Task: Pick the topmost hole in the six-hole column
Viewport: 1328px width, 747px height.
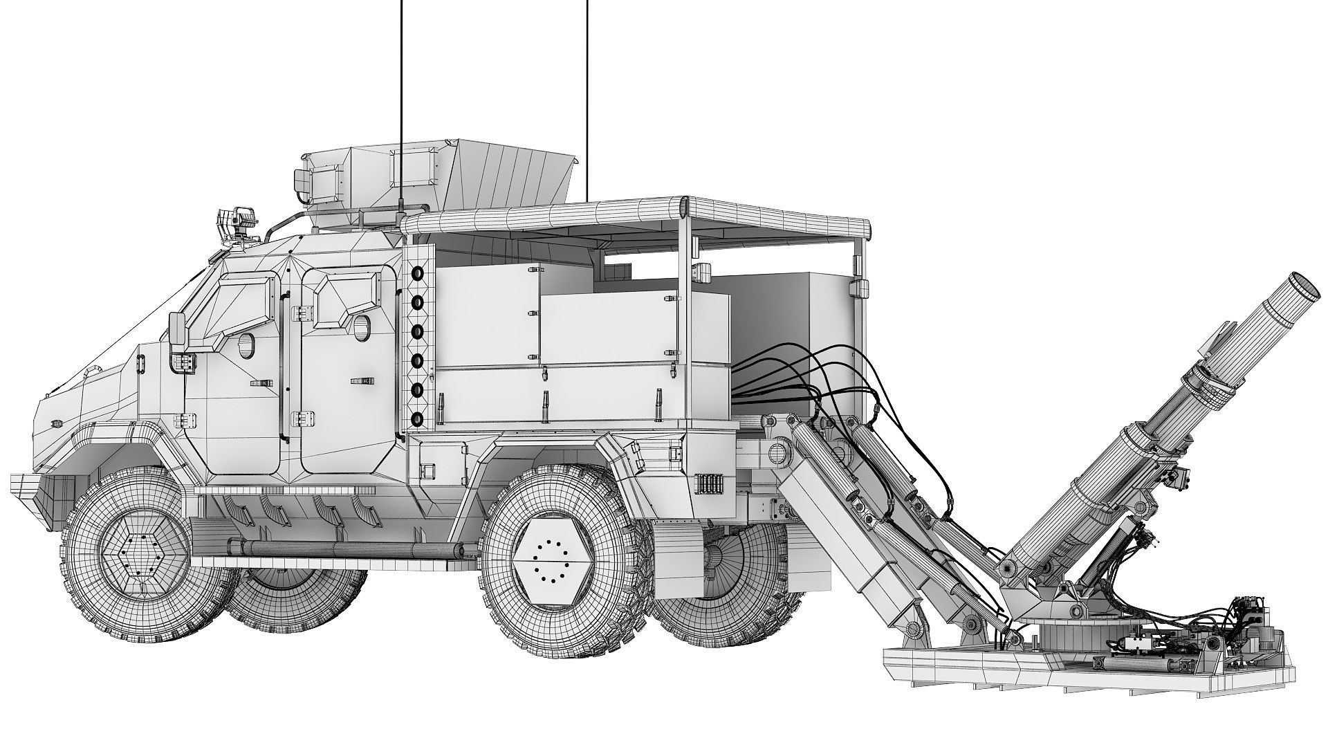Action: coord(417,275)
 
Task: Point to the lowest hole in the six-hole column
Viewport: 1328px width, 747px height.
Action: coord(417,418)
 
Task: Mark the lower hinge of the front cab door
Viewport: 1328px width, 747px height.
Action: coord(185,418)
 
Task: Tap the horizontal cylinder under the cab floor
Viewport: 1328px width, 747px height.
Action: coord(353,549)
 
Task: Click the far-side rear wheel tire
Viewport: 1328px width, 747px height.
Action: coord(726,588)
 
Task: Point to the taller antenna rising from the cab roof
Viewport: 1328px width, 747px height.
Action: coord(402,104)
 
